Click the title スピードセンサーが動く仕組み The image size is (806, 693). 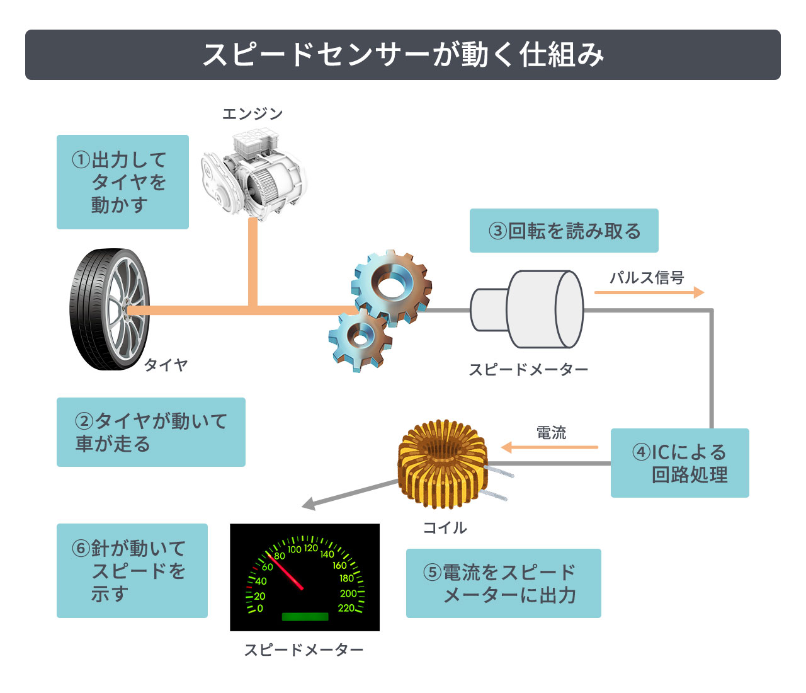tap(403, 55)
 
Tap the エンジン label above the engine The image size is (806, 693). tap(253, 113)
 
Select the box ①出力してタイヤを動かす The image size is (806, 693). tap(123, 182)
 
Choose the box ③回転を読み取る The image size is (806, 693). tap(564, 231)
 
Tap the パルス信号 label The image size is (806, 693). tap(647, 277)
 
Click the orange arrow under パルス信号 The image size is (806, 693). tap(649, 292)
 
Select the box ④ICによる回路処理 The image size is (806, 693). tap(679, 463)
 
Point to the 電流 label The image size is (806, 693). tap(551, 433)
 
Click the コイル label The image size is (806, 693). tap(445, 527)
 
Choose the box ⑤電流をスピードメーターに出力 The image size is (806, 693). tap(503, 583)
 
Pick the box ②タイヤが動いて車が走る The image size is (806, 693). tap(150, 432)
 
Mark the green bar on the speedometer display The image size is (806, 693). tap(305, 617)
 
